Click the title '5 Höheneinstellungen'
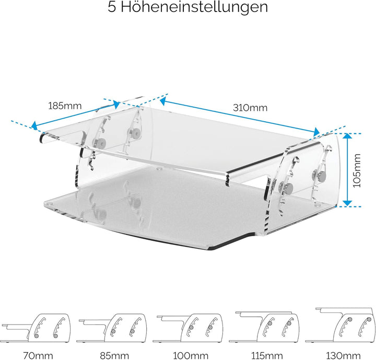point(187,7)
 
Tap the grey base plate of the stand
point(157,209)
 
